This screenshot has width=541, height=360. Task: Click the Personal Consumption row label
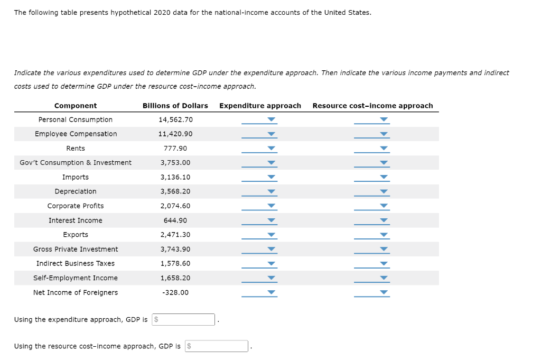pyautogui.click(x=76, y=119)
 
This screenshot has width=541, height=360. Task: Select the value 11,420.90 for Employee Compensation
pyautogui.click(x=175, y=134)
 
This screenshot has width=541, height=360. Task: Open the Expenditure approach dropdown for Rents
pyautogui.click(x=259, y=149)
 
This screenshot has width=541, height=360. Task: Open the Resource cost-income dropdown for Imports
pyautogui.click(x=372, y=177)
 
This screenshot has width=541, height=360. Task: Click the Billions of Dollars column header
pyautogui.click(x=175, y=106)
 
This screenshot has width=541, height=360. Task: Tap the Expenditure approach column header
pyautogui.click(x=260, y=106)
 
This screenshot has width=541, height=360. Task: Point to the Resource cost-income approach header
pyautogui.click(x=372, y=106)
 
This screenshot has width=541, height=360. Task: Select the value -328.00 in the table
pyautogui.click(x=175, y=292)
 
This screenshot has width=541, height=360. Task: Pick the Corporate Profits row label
pyautogui.click(x=76, y=206)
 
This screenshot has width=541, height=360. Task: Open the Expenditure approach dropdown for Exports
pyautogui.click(x=259, y=235)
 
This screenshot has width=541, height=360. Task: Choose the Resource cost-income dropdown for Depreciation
pyautogui.click(x=372, y=191)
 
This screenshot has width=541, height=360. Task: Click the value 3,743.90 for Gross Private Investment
pyautogui.click(x=175, y=249)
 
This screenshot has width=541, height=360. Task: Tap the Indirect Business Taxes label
pyautogui.click(x=76, y=263)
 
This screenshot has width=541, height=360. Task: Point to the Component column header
pyautogui.click(x=76, y=106)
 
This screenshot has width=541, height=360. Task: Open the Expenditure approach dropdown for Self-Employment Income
pyautogui.click(x=259, y=278)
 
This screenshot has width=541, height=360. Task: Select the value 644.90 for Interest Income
pyautogui.click(x=175, y=220)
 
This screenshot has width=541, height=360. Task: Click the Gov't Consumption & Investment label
pyautogui.click(x=76, y=163)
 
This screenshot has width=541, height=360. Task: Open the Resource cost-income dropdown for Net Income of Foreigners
pyautogui.click(x=372, y=292)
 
